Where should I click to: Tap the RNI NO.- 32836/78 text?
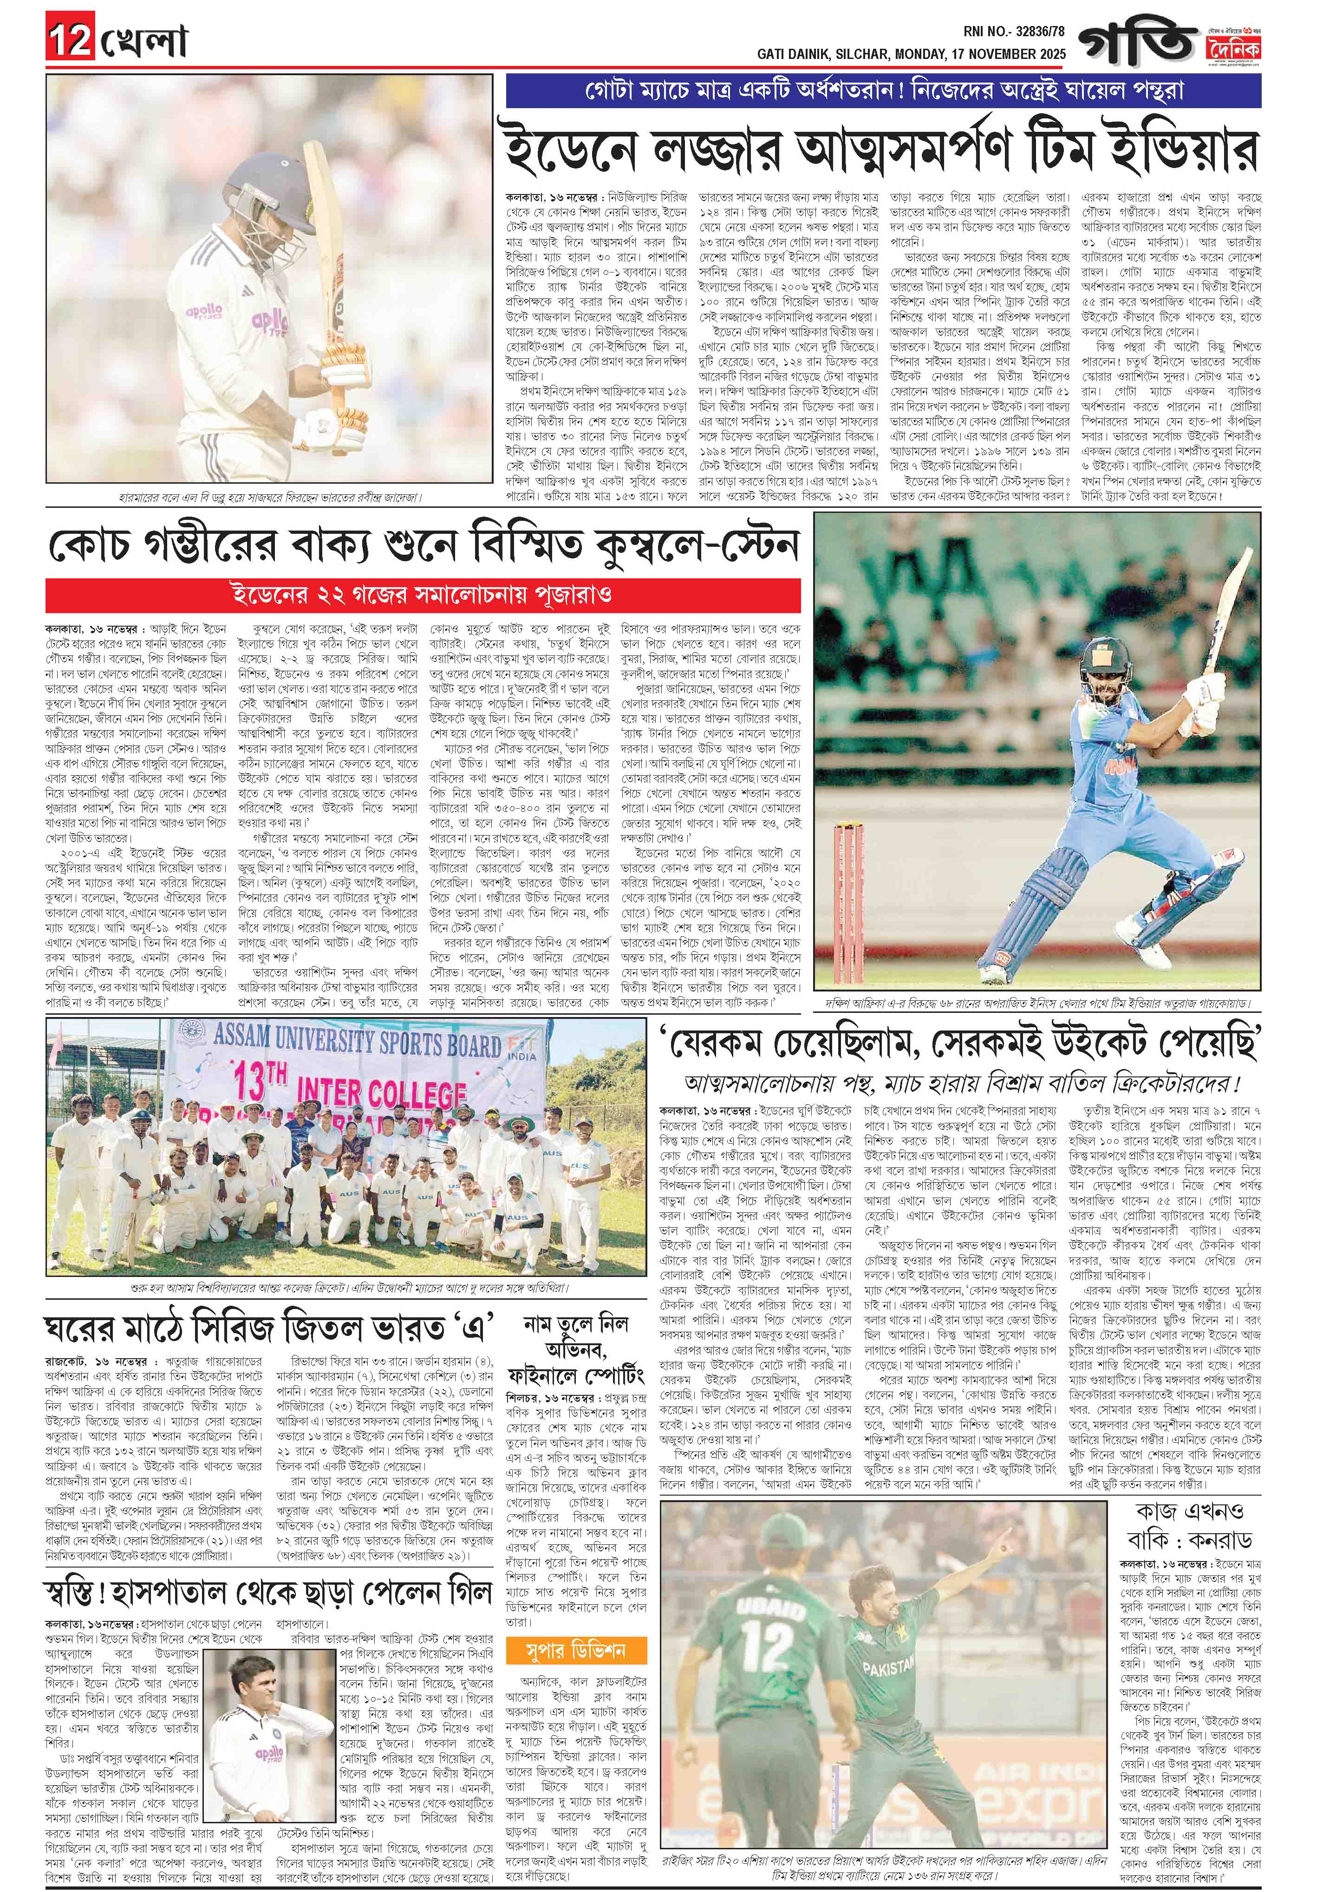(1014, 31)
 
